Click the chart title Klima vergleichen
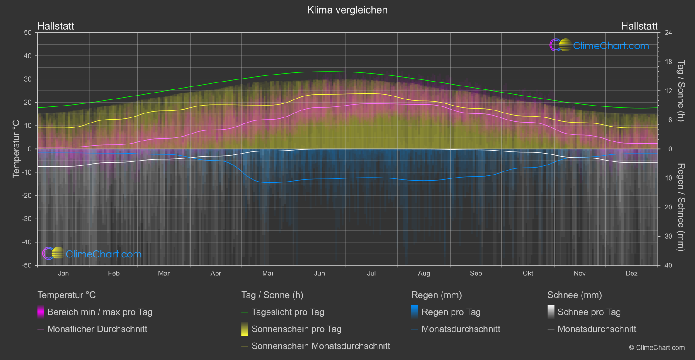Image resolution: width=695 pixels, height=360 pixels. [x=347, y=10]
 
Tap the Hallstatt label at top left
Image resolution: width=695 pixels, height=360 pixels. [x=56, y=26]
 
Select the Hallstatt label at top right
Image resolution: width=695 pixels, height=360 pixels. [x=639, y=26]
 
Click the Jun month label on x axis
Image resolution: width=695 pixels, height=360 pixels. [x=319, y=274]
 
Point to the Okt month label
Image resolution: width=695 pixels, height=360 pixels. [x=528, y=274]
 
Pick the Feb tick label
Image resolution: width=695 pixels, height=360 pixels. [x=113, y=274]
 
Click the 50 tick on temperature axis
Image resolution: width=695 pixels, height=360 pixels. [x=28, y=33]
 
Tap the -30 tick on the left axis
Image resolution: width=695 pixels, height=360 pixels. [x=27, y=219]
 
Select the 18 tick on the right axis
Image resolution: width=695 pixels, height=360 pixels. [x=668, y=62]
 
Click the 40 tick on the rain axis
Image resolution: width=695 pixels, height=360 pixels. [x=668, y=265]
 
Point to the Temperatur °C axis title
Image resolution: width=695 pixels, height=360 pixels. [x=16, y=149]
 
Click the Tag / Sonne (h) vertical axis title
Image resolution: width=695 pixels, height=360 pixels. [x=681, y=91]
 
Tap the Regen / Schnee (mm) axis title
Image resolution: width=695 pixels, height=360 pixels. [x=681, y=207]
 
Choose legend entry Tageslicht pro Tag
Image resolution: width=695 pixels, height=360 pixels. [x=288, y=312]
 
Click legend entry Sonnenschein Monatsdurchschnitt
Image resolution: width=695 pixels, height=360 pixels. [x=321, y=346]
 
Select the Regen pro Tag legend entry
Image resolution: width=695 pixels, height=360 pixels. [x=451, y=312]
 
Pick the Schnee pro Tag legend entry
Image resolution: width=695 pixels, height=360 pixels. [x=589, y=312]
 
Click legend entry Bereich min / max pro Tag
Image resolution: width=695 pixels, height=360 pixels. [x=99, y=312]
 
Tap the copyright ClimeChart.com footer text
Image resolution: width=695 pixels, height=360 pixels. [x=657, y=348]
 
